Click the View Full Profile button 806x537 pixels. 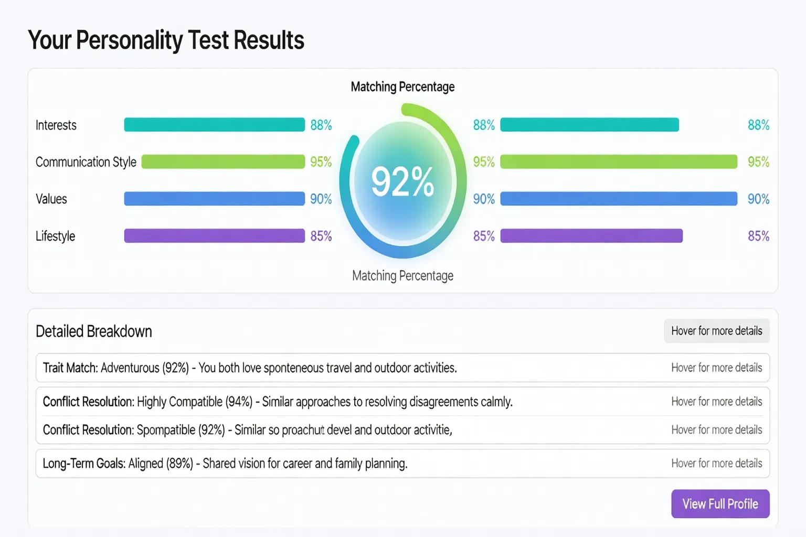coord(720,504)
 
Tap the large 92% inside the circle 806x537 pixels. coord(402,182)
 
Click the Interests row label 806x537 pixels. coord(56,125)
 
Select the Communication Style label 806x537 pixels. coord(86,162)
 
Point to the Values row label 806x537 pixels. coord(51,199)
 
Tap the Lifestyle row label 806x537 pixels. coord(56,236)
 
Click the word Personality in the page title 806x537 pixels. coord(129,40)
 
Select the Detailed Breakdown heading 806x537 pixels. coord(94,331)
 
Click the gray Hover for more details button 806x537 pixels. coord(716,331)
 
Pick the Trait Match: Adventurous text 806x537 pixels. coord(116,368)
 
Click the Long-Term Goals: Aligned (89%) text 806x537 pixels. coord(118,464)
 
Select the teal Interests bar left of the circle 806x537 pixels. coord(214,125)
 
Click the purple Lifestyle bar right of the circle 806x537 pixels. coord(591,236)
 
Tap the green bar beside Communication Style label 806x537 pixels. coord(223,162)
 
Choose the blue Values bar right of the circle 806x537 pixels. coord(619,199)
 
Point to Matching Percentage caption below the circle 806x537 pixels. coord(402,276)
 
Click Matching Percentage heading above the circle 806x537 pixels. coord(402,87)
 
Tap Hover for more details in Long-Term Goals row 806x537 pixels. coord(716,464)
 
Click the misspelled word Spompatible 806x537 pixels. coord(166,431)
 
